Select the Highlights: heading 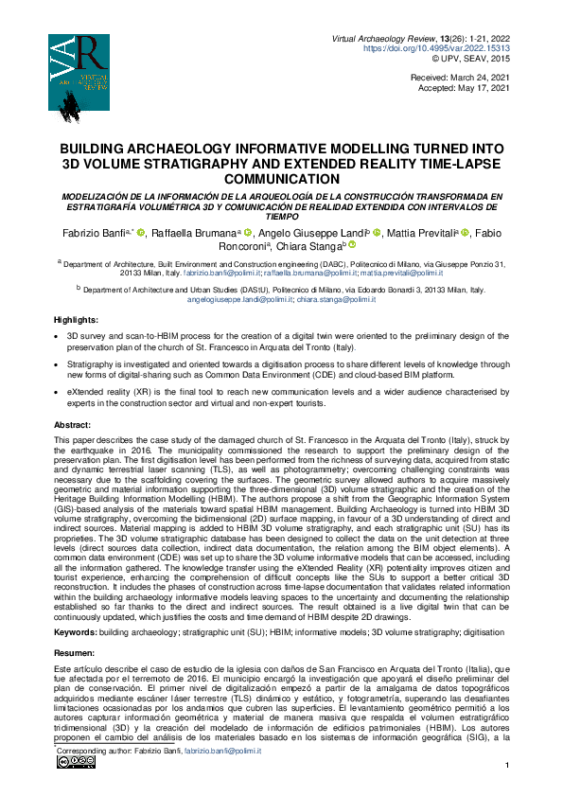coord(76,320)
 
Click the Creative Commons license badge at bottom coord(68,762)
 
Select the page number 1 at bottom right coord(508,766)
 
